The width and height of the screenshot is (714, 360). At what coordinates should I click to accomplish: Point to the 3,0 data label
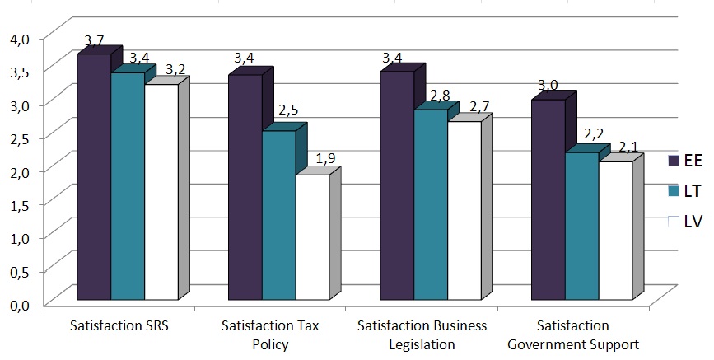(548, 85)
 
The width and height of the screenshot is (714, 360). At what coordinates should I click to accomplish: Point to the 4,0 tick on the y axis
(19, 38)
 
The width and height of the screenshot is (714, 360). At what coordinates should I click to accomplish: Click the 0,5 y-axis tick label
(19, 271)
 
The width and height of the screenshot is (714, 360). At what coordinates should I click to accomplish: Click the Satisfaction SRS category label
(128, 325)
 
